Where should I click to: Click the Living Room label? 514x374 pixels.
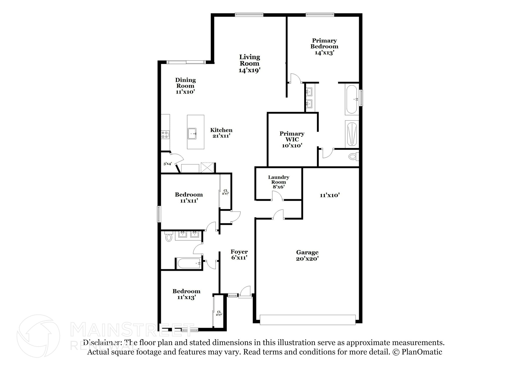[249, 60]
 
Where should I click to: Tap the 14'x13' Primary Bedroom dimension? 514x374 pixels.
[324, 53]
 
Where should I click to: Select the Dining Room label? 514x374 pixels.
[185, 83]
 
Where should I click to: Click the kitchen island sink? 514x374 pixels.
[192, 134]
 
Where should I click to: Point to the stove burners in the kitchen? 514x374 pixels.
[165, 135]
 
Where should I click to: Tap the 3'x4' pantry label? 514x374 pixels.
[168, 164]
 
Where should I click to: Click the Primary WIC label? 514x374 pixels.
[292, 136]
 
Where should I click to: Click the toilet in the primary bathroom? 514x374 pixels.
[353, 157]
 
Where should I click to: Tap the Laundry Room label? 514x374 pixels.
[279, 179]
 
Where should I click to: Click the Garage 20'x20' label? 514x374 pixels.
[307, 255]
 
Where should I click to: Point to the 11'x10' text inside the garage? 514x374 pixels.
[330, 195]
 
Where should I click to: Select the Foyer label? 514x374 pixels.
[239, 252]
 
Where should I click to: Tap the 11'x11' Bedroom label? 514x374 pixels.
[189, 197]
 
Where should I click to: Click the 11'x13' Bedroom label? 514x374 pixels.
[186, 294]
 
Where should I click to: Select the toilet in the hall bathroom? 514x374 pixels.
[169, 237]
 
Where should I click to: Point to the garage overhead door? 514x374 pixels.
[307, 320]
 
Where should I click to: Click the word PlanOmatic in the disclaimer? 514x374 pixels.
[422, 352]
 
